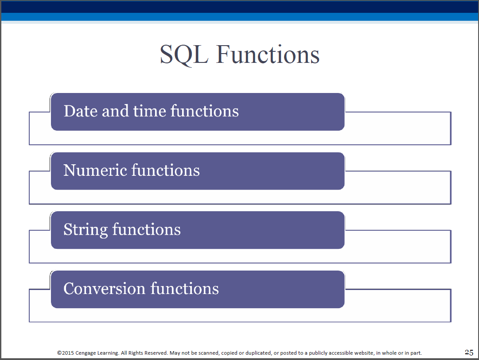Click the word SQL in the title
tap(184, 55)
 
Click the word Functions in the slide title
tap(268, 54)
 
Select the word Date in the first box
tap(81, 111)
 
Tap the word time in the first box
tap(150, 111)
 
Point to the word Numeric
tap(95, 170)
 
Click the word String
tap(86, 230)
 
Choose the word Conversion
tap(104, 289)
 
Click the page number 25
tap(469, 352)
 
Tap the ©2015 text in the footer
tap(66, 353)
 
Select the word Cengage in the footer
tap(86, 353)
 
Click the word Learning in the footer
tap(108, 353)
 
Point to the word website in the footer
tap(363, 353)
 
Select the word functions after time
tap(205, 111)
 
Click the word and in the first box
tap(115, 111)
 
